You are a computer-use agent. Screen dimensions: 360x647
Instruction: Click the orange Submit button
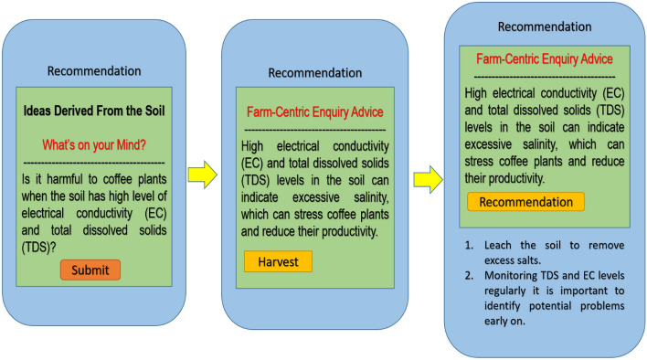point(90,270)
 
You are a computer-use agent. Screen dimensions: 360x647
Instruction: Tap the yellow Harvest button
point(278,261)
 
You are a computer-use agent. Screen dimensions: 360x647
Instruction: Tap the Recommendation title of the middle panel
point(315,72)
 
